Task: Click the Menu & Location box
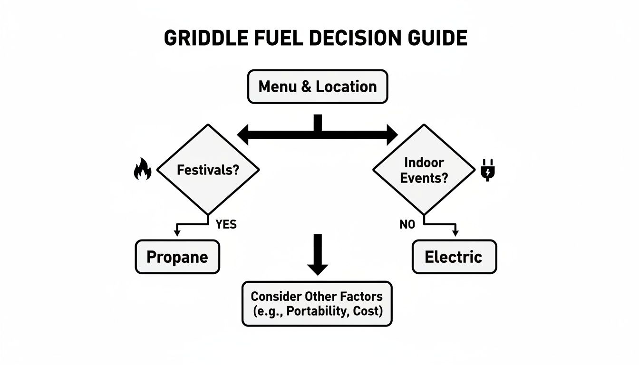(318, 86)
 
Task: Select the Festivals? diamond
(208, 170)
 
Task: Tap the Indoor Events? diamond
(424, 170)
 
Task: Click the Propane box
(177, 257)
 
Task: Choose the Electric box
(454, 257)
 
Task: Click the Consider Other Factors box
(317, 304)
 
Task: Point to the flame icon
(142, 170)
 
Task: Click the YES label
(226, 224)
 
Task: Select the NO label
(407, 224)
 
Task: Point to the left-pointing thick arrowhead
(243, 135)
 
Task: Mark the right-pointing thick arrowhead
(392, 135)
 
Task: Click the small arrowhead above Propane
(177, 233)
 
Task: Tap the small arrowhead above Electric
(455, 233)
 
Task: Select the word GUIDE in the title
(439, 38)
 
